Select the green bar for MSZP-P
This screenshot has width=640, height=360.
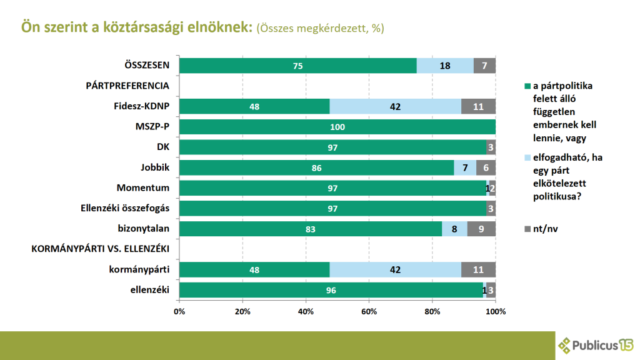click(x=337, y=127)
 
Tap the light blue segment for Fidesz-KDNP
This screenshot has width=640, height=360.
click(x=395, y=106)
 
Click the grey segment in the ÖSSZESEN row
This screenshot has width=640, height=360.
click(x=484, y=66)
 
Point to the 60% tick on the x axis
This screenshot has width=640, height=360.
click(x=369, y=311)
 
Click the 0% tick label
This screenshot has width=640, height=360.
click(x=179, y=311)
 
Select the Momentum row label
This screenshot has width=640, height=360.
click(x=143, y=187)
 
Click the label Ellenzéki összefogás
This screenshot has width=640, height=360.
click(x=125, y=208)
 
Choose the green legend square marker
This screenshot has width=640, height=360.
click(x=527, y=86)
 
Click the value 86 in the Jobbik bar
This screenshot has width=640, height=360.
click(x=316, y=167)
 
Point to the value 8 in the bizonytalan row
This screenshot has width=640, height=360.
click(x=454, y=229)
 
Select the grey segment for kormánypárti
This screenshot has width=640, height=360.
click(x=478, y=269)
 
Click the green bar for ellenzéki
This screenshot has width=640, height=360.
click(x=331, y=290)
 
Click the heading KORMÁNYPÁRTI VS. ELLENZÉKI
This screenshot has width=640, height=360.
click(x=101, y=249)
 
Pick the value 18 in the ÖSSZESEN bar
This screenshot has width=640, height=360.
click(x=445, y=66)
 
